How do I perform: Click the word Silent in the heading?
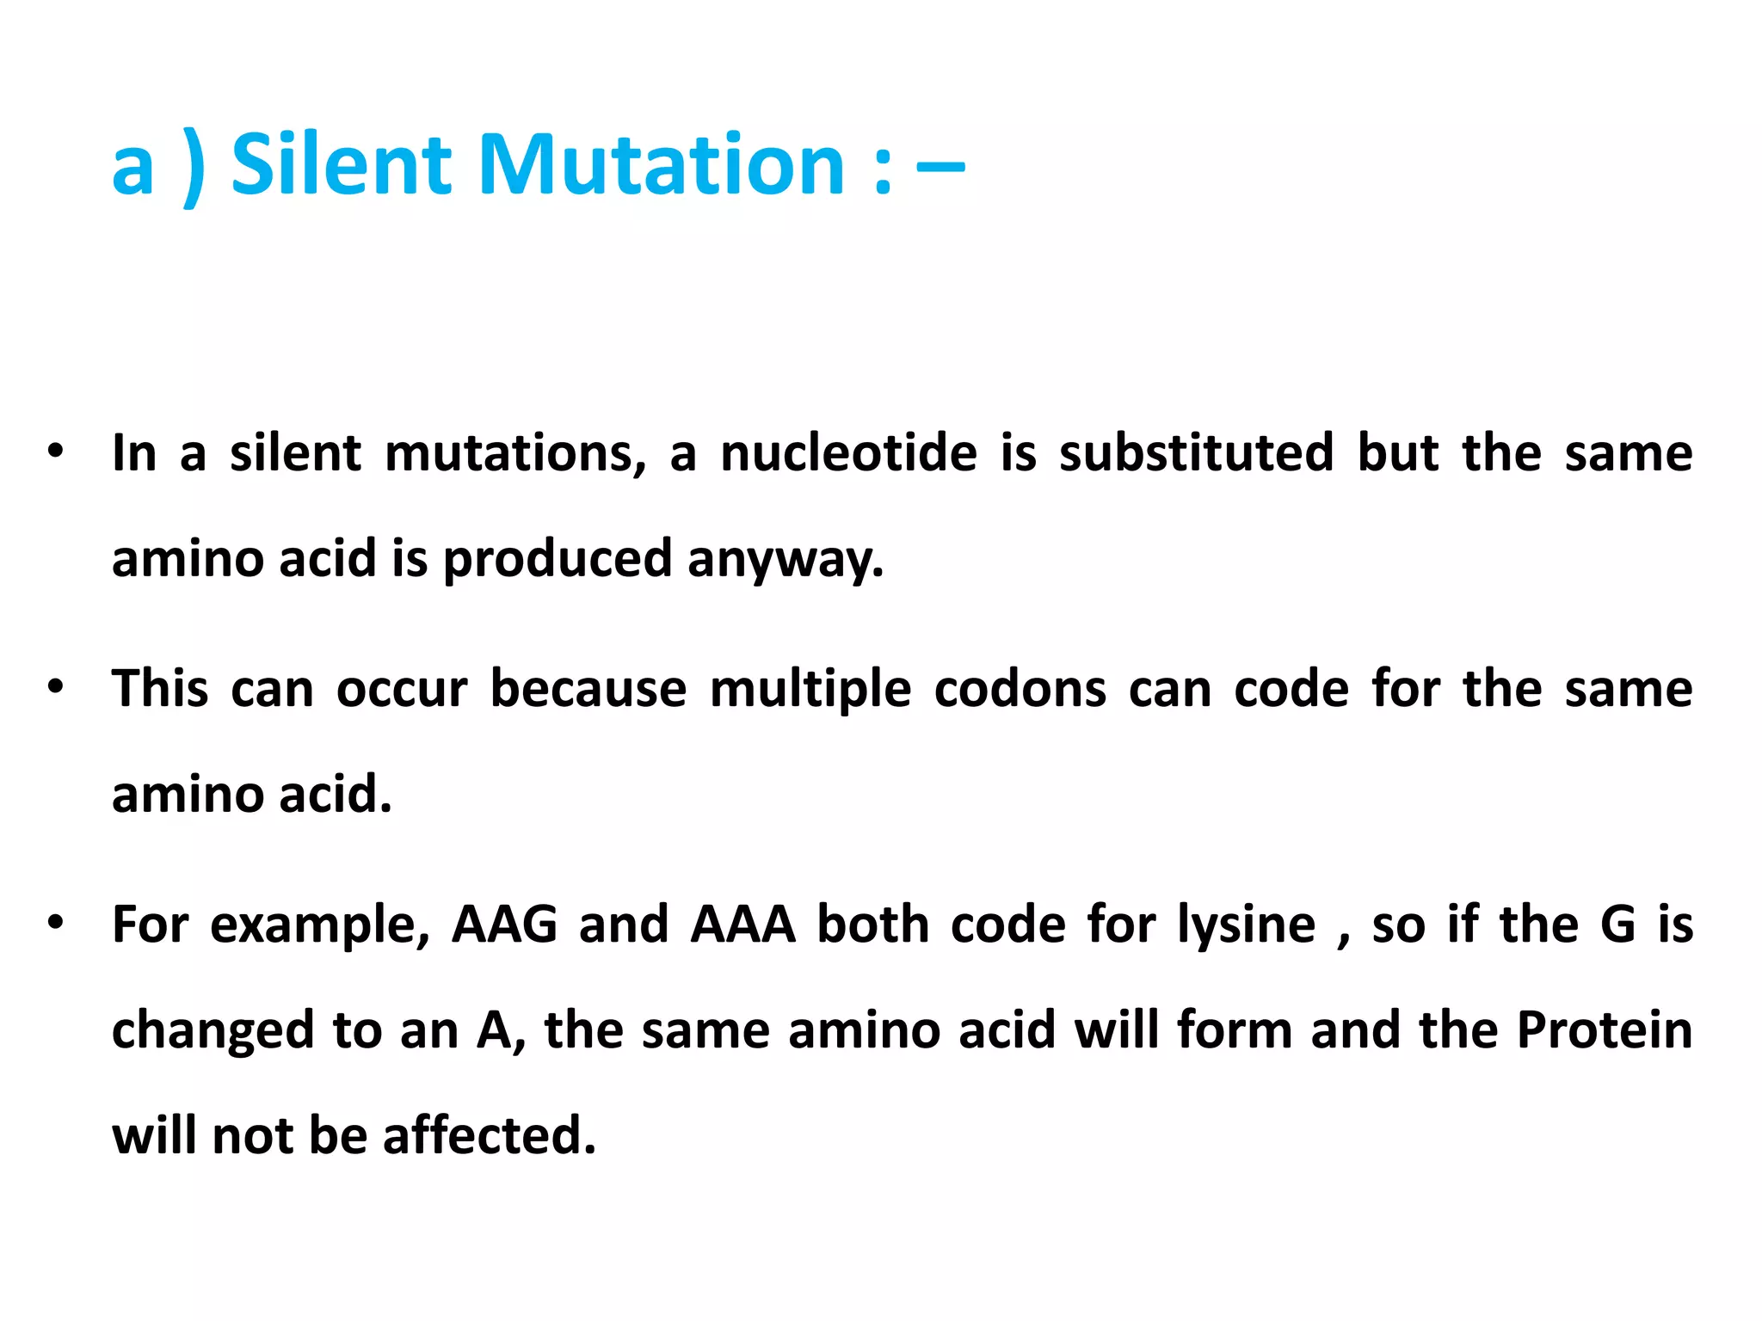pyautogui.click(x=341, y=164)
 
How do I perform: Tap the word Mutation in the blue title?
pyautogui.click(x=662, y=164)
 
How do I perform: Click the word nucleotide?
pyautogui.click(x=848, y=453)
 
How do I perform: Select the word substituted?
pyautogui.click(x=1196, y=453)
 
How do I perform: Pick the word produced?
pyautogui.click(x=557, y=560)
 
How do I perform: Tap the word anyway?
pyautogui.click(x=785, y=560)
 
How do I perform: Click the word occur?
pyautogui.click(x=402, y=689)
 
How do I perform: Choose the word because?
pyautogui.click(x=588, y=689)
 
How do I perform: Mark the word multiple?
pyautogui.click(x=810, y=689)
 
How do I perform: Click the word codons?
pyautogui.click(x=1020, y=689)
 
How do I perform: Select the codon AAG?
pyautogui.click(x=504, y=925)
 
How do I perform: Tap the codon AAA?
pyautogui.click(x=743, y=925)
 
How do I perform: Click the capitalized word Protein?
pyautogui.click(x=1605, y=1029)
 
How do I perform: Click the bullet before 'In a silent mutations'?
pyautogui.click(x=56, y=452)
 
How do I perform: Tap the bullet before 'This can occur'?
pyautogui.click(x=56, y=687)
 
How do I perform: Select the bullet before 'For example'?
pyautogui.click(x=56, y=923)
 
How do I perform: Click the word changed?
pyautogui.click(x=213, y=1031)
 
